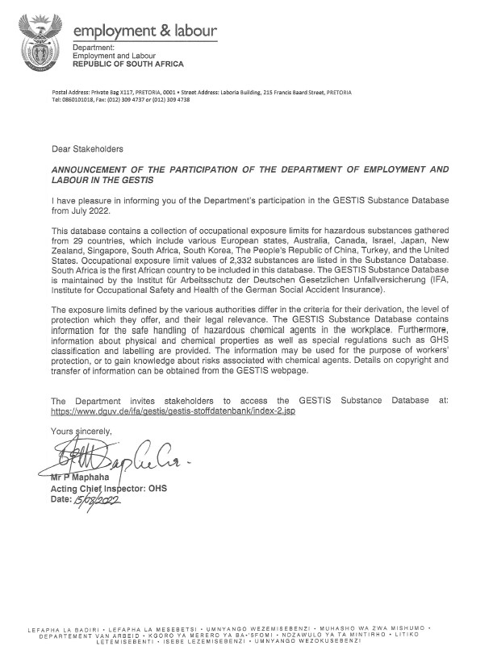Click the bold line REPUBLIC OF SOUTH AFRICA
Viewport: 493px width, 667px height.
128,63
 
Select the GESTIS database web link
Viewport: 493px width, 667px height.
162,411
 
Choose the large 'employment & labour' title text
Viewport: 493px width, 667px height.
145,31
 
